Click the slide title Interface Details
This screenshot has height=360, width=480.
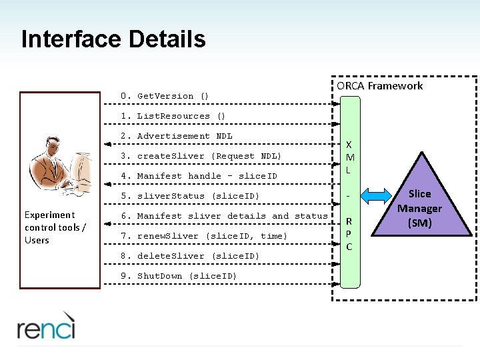pos(113,39)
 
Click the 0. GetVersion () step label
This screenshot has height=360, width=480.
pos(165,96)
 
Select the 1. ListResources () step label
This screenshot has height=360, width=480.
pos(173,116)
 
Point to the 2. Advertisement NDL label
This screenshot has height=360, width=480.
pos(176,136)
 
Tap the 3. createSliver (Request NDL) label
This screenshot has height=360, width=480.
pos(201,156)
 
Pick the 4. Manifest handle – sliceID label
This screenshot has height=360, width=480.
pos(199,176)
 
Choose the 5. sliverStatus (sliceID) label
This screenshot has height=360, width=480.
pos(190,196)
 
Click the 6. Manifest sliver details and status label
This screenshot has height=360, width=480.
pos(224,216)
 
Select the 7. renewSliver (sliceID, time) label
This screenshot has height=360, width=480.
pos(204,236)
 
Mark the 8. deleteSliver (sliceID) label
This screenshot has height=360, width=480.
pos(190,256)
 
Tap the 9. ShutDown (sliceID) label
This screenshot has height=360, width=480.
pos(179,276)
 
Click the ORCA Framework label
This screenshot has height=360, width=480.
pos(379,86)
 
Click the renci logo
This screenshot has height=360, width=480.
pos(46,326)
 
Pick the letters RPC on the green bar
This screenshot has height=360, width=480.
pos(349,233)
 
